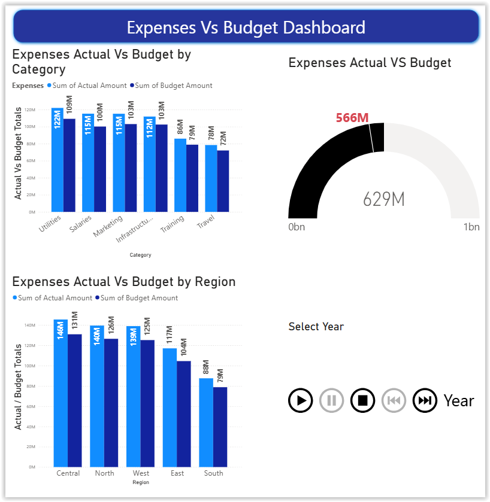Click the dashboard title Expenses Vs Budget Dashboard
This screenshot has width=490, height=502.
point(246,28)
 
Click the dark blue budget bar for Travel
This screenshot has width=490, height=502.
point(223,182)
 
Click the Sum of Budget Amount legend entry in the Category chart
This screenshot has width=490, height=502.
point(173,86)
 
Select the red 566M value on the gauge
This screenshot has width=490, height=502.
point(352,117)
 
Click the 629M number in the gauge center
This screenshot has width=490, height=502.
point(384,199)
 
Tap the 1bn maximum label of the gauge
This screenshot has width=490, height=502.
point(471,227)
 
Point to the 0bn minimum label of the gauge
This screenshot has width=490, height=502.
point(297,227)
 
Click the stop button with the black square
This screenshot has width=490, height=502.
point(362,400)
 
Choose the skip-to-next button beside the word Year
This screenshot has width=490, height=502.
point(425,400)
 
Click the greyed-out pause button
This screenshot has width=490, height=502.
point(331,400)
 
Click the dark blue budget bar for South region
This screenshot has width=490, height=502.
point(220,428)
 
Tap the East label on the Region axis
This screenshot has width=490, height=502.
point(177,473)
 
